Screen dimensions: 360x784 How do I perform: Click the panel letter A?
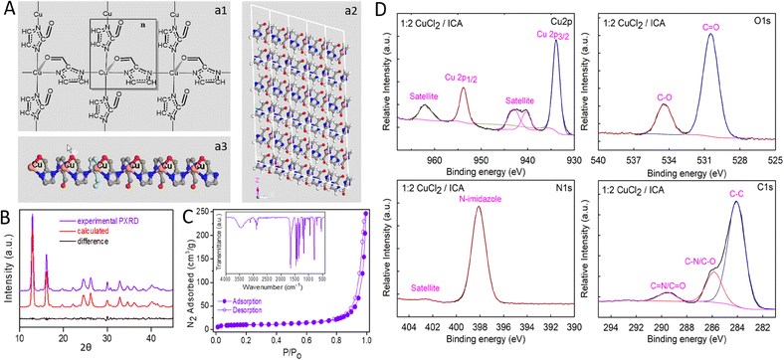coord(8,9)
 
